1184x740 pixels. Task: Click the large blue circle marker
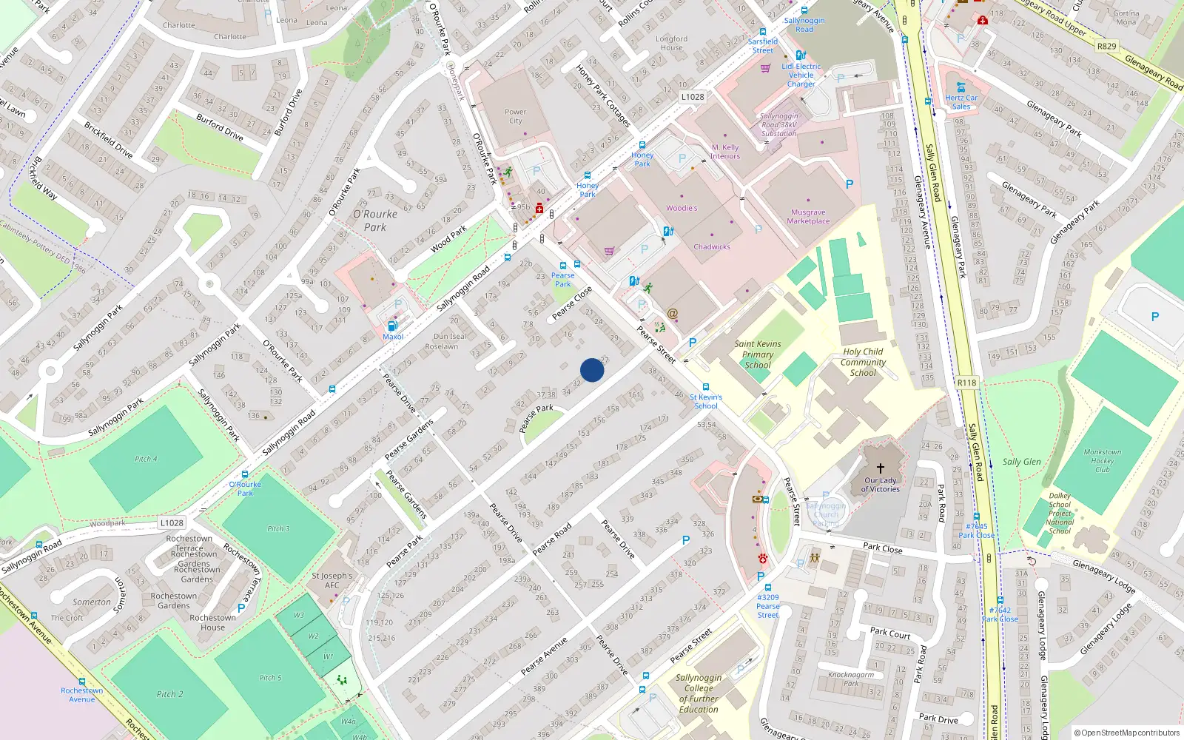pyautogui.click(x=592, y=370)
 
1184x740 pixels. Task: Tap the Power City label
pyautogui.click(x=516, y=116)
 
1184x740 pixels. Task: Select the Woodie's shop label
pyautogui.click(x=682, y=209)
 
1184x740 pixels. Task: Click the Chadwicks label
pyautogui.click(x=712, y=247)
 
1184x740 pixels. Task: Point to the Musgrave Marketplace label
pyautogui.click(x=808, y=217)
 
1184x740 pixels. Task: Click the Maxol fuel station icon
pyautogui.click(x=392, y=326)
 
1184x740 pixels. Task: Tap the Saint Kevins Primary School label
pyautogui.click(x=758, y=354)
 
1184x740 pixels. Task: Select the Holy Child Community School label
pyautogui.click(x=863, y=362)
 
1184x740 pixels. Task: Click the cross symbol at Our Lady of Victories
pyautogui.click(x=881, y=468)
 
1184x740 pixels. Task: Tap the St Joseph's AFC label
pyautogui.click(x=332, y=580)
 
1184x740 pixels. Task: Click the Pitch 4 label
pyautogui.click(x=146, y=459)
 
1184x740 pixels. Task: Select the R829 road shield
pyautogui.click(x=1106, y=46)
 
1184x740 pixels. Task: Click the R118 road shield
pyautogui.click(x=966, y=383)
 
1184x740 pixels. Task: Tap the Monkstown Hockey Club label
pyautogui.click(x=1103, y=460)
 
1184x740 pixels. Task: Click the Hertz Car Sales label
pyautogui.click(x=961, y=102)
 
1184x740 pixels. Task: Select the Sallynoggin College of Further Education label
pyautogui.click(x=699, y=693)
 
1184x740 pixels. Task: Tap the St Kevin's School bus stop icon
pyautogui.click(x=706, y=387)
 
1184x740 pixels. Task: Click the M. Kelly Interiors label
pyautogui.click(x=725, y=152)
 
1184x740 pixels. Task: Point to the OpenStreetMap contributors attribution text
pyautogui.click(x=1127, y=733)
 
